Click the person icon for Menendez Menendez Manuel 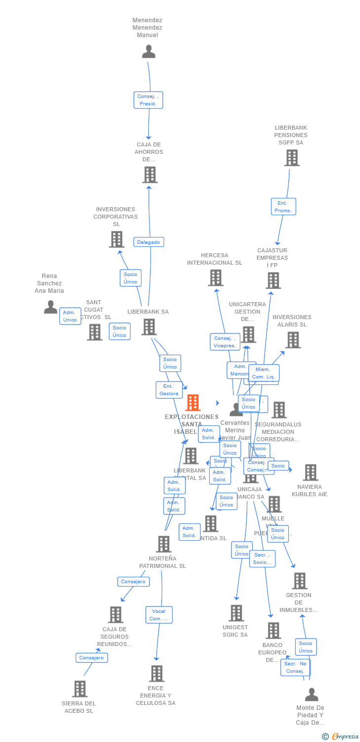148,51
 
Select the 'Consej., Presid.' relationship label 148,100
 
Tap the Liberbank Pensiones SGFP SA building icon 292,158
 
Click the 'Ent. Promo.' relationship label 283,207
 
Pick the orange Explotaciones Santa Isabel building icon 192,403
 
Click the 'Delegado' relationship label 148,242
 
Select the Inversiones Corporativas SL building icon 116,239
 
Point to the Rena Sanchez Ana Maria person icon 50,307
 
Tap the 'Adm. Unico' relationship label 70,316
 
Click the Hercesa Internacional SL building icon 215,278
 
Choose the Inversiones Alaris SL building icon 293,340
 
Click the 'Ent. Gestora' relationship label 169,390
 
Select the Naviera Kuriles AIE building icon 310,472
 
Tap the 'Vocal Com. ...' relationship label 159,615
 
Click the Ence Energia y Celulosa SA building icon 156,673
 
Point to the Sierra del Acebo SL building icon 80,689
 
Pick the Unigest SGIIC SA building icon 236,613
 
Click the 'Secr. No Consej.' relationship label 295,667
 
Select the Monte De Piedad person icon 311,695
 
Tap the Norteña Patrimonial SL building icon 163,544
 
